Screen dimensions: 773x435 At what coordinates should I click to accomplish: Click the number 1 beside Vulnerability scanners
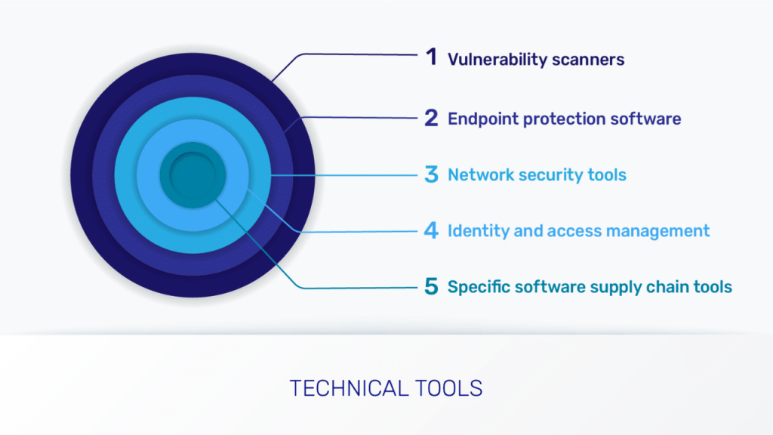pyautogui.click(x=432, y=57)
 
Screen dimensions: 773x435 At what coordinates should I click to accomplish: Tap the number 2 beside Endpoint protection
pyautogui.click(x=431, y=119)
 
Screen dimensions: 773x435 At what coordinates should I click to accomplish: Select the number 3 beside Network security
pyautogui.click(x=431, y=174)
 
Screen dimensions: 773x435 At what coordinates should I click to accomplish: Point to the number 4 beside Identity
pyautogui.click(x=431, y=230)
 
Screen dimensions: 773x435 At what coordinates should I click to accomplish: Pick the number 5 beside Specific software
pyautogui.click(x=431, y=286)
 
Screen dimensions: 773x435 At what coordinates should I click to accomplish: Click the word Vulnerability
pyautogui.click(x=497, y=60)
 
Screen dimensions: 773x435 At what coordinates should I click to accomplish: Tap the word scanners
pyautogui.click(x=588, y=60)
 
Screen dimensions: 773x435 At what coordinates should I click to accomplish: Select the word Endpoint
pyautogui.click(x=483, y=119)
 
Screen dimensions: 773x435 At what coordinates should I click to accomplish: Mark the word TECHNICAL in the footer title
pyautogui.click(x=349, y=389)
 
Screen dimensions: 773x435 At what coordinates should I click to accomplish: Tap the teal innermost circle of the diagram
pyautogui.click(x=192, y=175)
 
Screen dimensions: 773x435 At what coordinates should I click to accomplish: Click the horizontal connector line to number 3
pyautogui.click(x=344, y=175)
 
